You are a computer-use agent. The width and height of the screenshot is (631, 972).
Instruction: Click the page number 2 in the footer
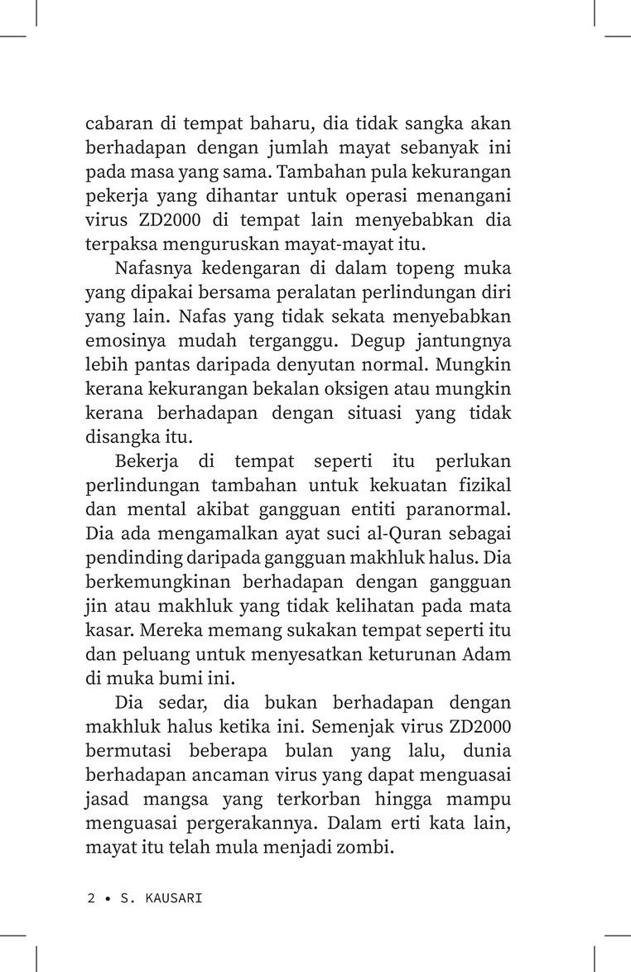click(x=90, y=897)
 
